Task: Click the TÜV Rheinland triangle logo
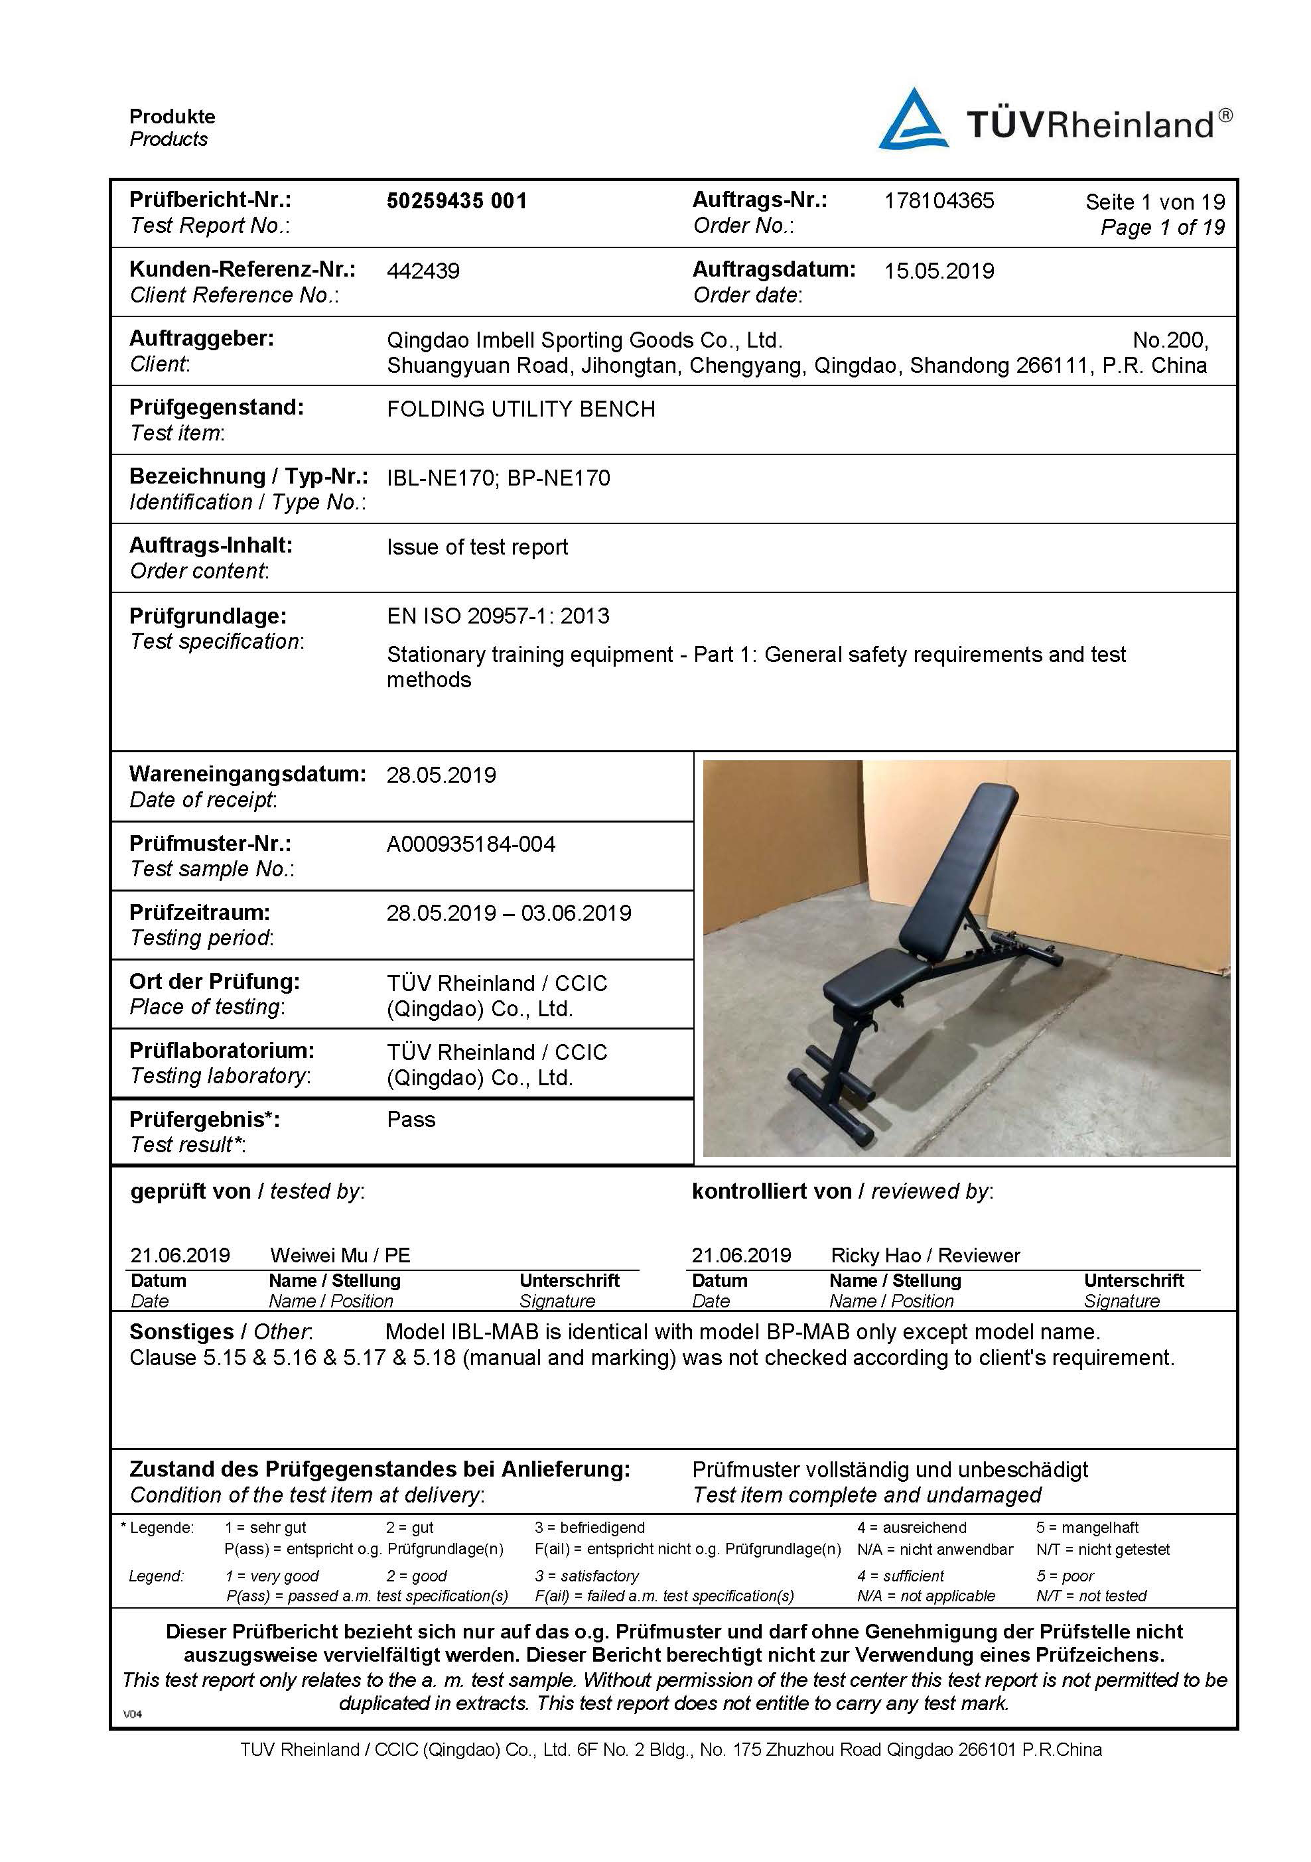point(913,120)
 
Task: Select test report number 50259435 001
point(456,201)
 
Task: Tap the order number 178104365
point(939,201)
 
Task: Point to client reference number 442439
point(423,271)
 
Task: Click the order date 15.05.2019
point(939,271)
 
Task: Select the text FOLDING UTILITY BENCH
point(520,409)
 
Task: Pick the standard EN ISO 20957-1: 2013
point(498,616)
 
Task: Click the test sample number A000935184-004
point(470,844)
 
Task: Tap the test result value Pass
point(411,1119)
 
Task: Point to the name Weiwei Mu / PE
point(340,1256)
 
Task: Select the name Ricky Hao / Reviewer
point(925,1256)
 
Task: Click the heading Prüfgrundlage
point(208,616)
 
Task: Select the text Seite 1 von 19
point(1154,202)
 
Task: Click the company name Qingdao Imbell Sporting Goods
point(584,340)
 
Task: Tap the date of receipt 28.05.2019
point(441,775)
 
